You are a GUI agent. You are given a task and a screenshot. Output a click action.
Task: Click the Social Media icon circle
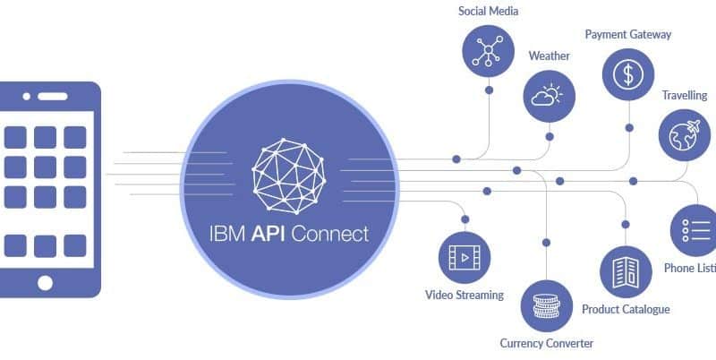489,48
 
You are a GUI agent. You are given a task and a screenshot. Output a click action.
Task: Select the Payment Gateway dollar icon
628,73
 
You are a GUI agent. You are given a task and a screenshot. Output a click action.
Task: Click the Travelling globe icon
685,134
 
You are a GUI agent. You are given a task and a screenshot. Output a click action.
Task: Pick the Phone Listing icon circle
695,230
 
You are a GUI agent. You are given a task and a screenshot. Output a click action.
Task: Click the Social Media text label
488,12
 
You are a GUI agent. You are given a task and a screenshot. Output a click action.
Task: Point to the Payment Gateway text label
627,35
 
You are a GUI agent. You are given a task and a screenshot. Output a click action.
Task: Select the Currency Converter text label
546,343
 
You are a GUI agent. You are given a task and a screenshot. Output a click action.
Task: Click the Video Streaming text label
464,295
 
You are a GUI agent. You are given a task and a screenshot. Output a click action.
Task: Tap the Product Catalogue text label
626,310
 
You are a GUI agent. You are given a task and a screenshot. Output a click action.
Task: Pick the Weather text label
549,56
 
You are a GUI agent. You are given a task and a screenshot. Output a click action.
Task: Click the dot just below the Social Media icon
489,90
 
